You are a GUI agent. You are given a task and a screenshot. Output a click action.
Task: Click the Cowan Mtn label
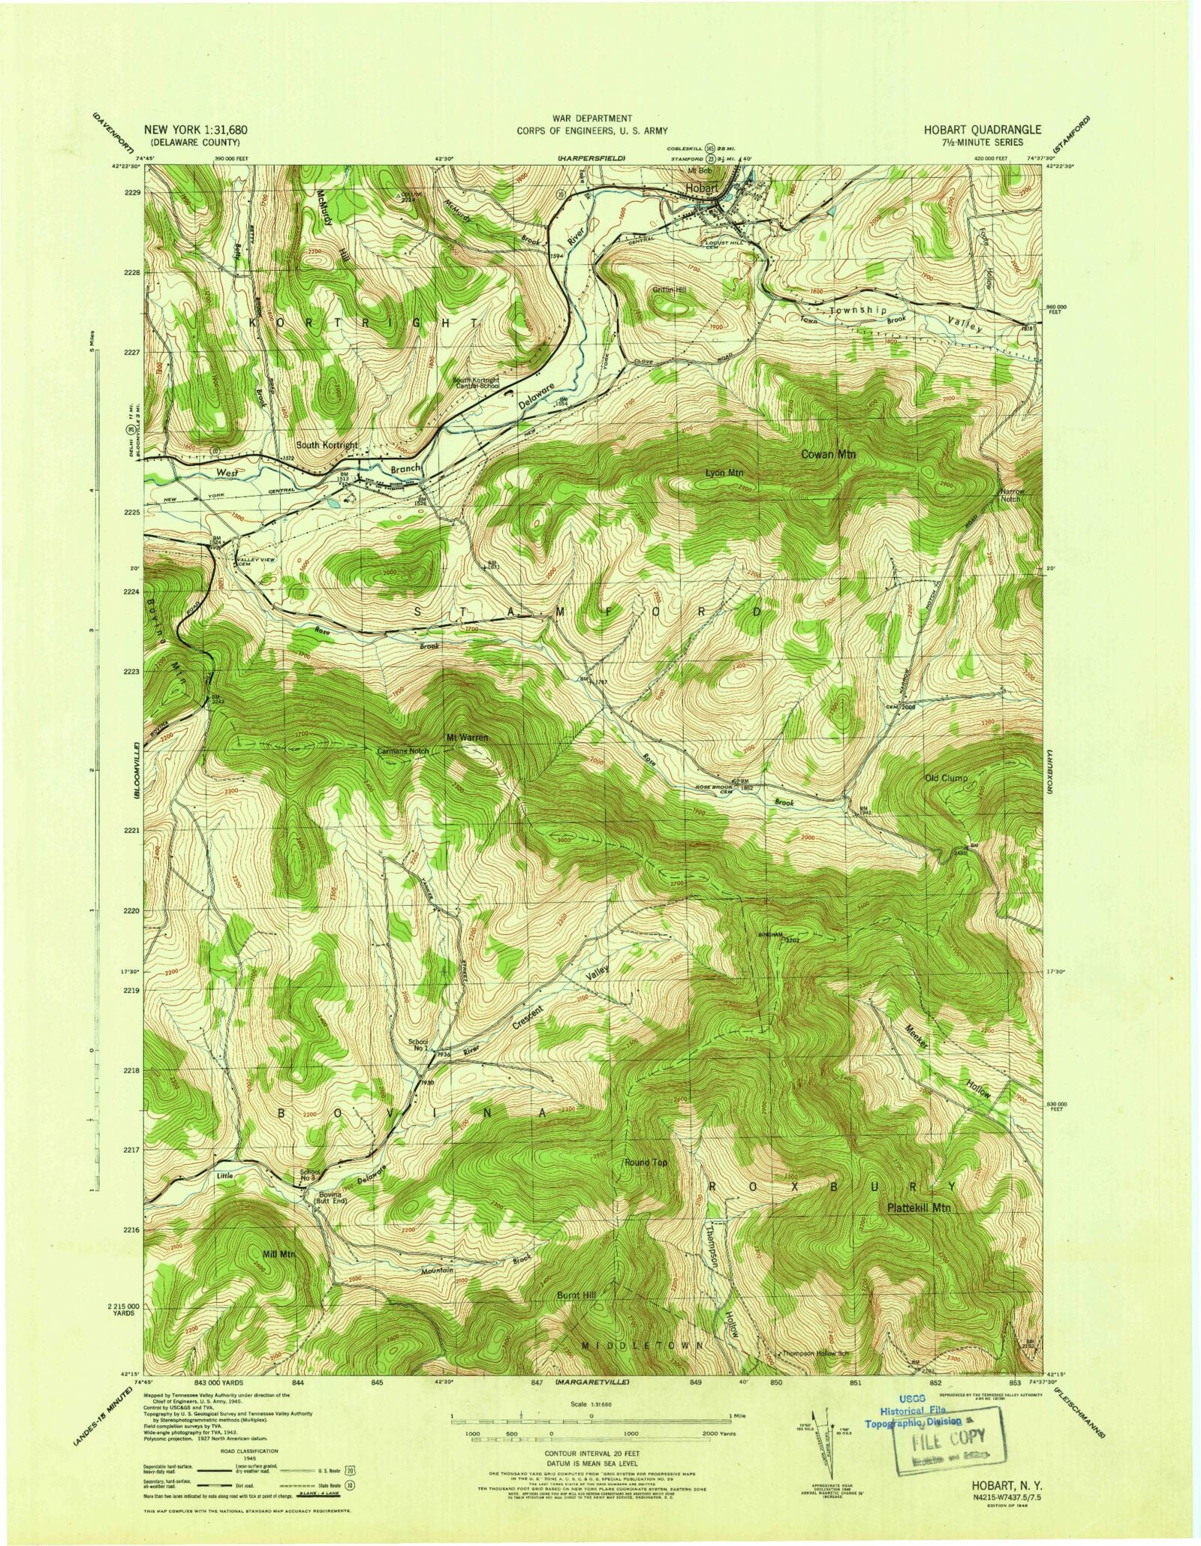[x=828, y=455]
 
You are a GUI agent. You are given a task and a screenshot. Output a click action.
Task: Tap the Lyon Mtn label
[x=724, y=474]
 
